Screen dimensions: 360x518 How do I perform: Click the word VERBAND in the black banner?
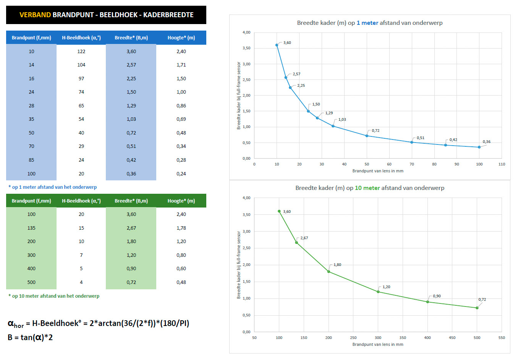[35, 15]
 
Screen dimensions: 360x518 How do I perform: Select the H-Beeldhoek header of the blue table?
[81, 38]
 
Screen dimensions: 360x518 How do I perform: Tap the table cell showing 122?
[81, 51]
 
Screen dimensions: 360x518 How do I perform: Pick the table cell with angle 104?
[81, 65]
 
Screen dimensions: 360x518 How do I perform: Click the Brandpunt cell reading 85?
[31, 160]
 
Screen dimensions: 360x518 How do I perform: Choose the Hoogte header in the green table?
[181, 201]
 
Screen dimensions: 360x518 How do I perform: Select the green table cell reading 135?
[31, 228]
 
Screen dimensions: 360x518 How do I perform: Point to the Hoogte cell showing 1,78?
[181, 228]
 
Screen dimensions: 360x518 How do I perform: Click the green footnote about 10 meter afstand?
[54, 296]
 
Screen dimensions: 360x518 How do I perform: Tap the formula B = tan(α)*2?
[30, 337]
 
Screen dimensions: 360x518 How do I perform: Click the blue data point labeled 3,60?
[277, 45]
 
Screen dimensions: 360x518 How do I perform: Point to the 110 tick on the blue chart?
[502, 164]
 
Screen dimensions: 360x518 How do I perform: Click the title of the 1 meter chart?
[369, 23]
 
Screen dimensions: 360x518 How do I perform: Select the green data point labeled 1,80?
[329, 272]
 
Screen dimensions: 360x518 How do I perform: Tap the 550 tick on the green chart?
[502, 338]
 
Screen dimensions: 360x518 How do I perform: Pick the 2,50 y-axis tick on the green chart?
[246, 248]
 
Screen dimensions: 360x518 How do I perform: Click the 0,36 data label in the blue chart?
[486, 142]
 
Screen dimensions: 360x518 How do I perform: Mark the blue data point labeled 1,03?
[333, 126]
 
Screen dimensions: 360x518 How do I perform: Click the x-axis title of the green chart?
[377, 344]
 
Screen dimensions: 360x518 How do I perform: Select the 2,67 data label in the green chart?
[304, 238]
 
